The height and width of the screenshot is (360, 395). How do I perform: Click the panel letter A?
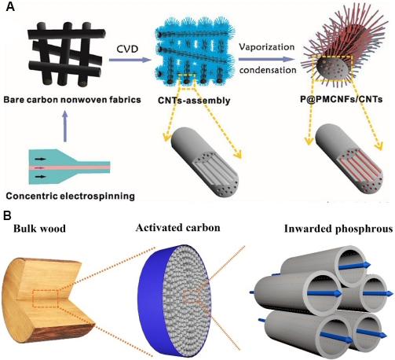(x=10, y=6)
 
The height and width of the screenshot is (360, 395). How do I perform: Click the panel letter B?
(x=9, y=215)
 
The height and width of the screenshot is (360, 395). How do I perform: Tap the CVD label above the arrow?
(x=127, y=49)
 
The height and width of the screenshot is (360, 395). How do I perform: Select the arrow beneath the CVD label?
(x=130, y=61)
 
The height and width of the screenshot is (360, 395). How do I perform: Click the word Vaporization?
(x=267, y=47)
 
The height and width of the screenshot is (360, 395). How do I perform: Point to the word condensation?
(x=268, y=70)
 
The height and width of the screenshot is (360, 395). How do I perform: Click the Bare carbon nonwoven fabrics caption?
(x=72, y=100)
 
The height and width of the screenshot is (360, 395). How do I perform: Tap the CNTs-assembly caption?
(x=194, y=100)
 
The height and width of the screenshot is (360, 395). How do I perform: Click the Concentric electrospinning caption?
(x=70, y=196)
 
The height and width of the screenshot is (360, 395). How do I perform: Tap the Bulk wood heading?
(x=39, y=229)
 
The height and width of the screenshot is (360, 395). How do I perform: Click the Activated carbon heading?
(x=178, y=228)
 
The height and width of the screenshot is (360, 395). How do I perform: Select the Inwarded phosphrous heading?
(x=338, y=229)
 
